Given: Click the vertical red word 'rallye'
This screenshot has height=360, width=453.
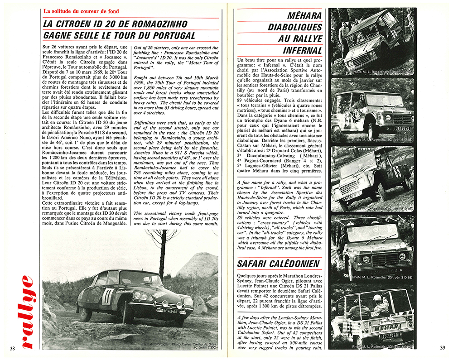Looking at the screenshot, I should [26, 312].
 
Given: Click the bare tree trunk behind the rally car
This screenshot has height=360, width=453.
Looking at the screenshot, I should [161, 253].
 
